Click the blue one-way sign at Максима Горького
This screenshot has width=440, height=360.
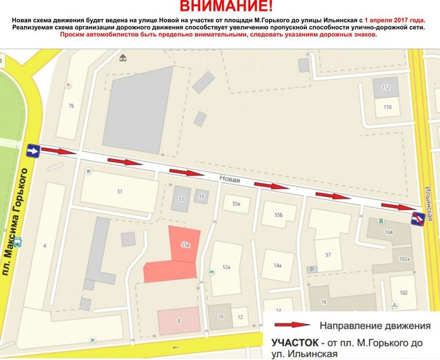point(32,151)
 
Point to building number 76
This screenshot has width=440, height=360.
point(71,105)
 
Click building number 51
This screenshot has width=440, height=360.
point(119,191)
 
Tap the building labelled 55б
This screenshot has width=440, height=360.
point(278,215)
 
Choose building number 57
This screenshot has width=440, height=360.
point(328,255)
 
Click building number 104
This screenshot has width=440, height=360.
point(388,233)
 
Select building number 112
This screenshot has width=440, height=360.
point(386,87)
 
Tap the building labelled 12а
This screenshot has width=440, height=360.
point(226,267)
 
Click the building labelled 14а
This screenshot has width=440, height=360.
point(277,265)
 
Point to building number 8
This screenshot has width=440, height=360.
point(179,321)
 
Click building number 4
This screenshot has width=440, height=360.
point(45,245)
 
